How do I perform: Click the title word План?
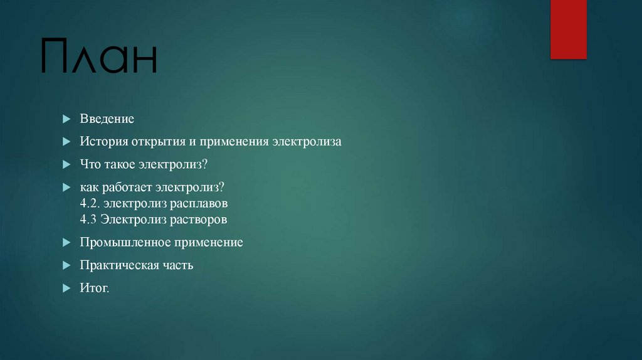click(x=99, y=57)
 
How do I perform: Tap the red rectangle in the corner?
click(x=568, y=29)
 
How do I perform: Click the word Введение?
click(x=107, y=119)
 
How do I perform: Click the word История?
click(x=103, y=142)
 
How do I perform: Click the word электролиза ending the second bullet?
click(x=307, y=142)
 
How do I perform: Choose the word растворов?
click(x=200, y=220)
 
